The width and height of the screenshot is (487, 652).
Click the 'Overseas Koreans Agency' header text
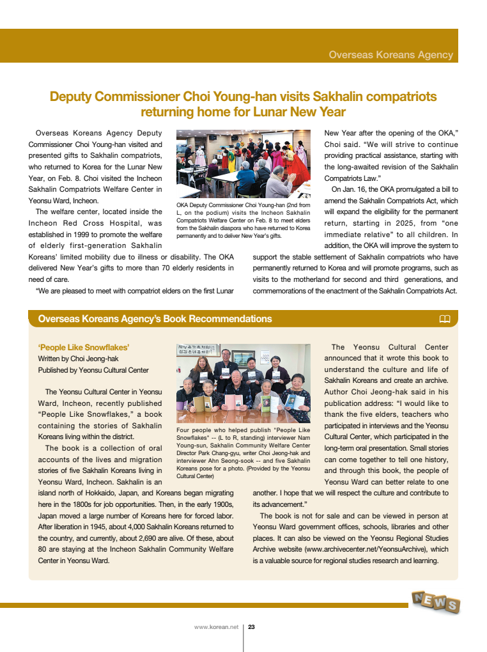pyautogui.click(x=390, y=55)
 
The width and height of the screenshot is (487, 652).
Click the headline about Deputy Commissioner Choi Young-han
pyautogui.click(x=243, y=104)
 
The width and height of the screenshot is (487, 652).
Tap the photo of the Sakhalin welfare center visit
pyautogui.click(x=243, y=163)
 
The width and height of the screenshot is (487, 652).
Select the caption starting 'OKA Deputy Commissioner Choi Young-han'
pyautogui.click(x=243, y=221)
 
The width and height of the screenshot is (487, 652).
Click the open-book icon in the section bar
pyautogui.click(x=445, y=319)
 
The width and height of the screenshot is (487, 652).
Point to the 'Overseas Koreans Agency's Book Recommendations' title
pyautogui.click(x=155, y=319)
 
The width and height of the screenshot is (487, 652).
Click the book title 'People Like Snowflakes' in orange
pyautogui.click(x=83, y=347)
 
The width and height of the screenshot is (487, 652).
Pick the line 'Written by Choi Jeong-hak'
pyautogui.click(x=78, y=359)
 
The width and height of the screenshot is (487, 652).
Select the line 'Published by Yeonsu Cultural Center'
pyautogui.click(x=93, y=370)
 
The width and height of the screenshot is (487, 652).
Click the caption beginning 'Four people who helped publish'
pyautogui.click(x=243, y=453)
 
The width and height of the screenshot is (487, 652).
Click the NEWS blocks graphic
pyautogui.click(x=435, y=602)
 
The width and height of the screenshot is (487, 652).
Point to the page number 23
pyautogui.click(x=252, y=627)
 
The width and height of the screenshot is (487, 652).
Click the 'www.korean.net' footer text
pyautogui.click(x=216, y=627)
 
